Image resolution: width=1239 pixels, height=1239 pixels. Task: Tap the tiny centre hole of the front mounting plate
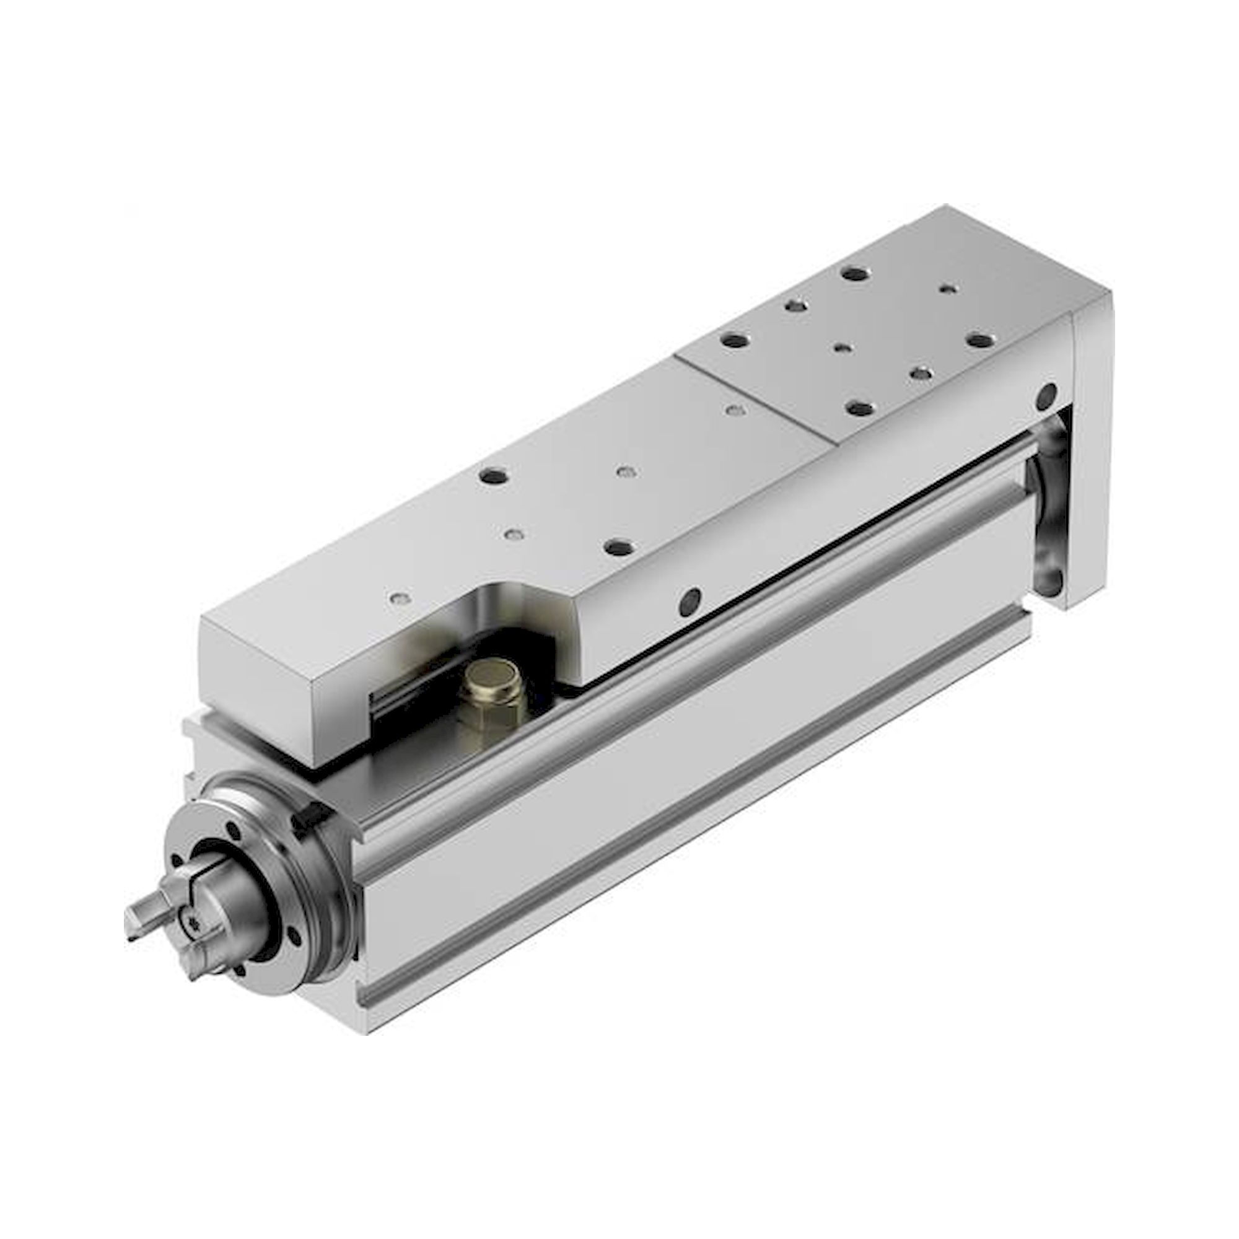click(x=842, y=347)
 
